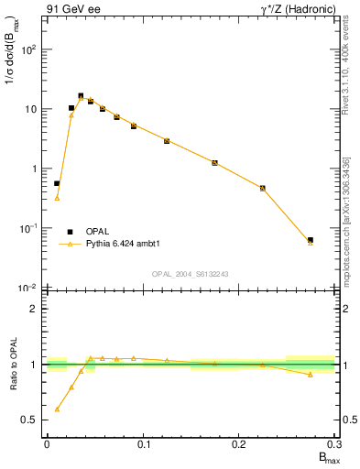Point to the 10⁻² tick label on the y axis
27,288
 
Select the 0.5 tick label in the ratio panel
30,420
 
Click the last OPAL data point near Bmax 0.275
311,240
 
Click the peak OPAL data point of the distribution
81,95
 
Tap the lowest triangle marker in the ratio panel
57,409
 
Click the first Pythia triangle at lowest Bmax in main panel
57,198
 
